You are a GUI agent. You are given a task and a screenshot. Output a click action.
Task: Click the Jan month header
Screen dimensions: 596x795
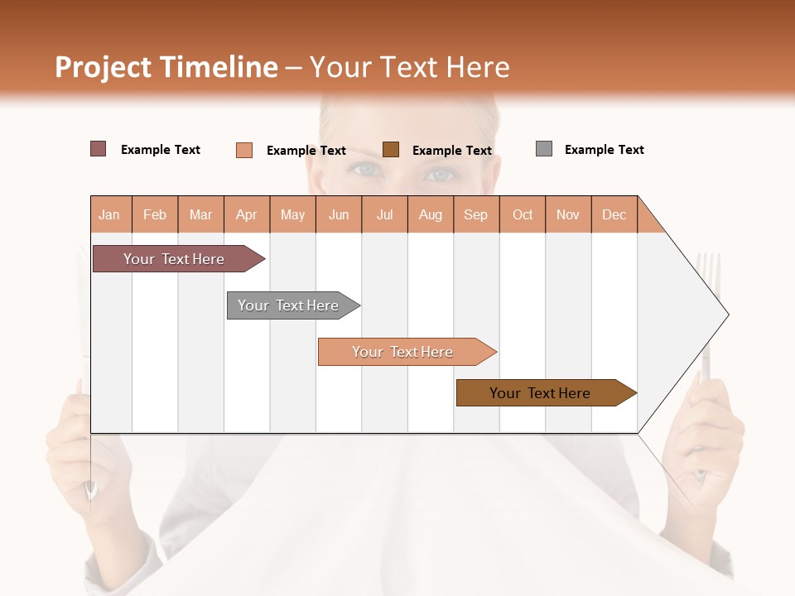pos(109,214)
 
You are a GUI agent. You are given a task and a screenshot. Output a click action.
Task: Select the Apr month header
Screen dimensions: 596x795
pos(246,214)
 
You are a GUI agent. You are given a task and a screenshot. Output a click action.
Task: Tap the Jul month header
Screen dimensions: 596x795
pos(384,214)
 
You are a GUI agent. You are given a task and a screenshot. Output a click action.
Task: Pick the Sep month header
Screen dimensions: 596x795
pos(475,214)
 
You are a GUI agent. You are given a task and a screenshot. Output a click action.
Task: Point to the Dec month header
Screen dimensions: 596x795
pos(614,214)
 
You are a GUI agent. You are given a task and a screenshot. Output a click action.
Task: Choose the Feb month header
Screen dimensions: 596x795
pos(155,214)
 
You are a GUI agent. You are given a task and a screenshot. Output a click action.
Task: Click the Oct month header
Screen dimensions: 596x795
pos(523,214)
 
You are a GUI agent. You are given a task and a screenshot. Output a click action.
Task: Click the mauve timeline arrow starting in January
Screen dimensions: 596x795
pos(174,259)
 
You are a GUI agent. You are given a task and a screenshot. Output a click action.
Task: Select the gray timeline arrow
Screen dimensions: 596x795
pos(288,305)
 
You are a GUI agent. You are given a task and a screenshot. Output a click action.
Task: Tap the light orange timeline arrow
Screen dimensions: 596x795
pos(402,352)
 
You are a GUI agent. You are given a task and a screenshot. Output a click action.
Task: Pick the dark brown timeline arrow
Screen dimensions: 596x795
pos(540,393)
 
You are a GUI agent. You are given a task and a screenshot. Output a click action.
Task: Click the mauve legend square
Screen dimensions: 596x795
pos(98,149)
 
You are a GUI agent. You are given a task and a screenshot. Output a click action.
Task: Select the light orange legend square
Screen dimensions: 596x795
pos(244,150)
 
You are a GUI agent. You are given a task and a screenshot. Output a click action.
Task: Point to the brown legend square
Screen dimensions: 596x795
pos(391,150)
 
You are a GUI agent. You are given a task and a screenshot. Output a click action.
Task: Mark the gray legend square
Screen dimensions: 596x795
pos(544,149)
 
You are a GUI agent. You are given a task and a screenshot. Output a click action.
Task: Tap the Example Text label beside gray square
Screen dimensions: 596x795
pos(604,150)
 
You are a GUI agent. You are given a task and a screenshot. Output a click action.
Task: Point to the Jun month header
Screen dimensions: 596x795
pos(339,214)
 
